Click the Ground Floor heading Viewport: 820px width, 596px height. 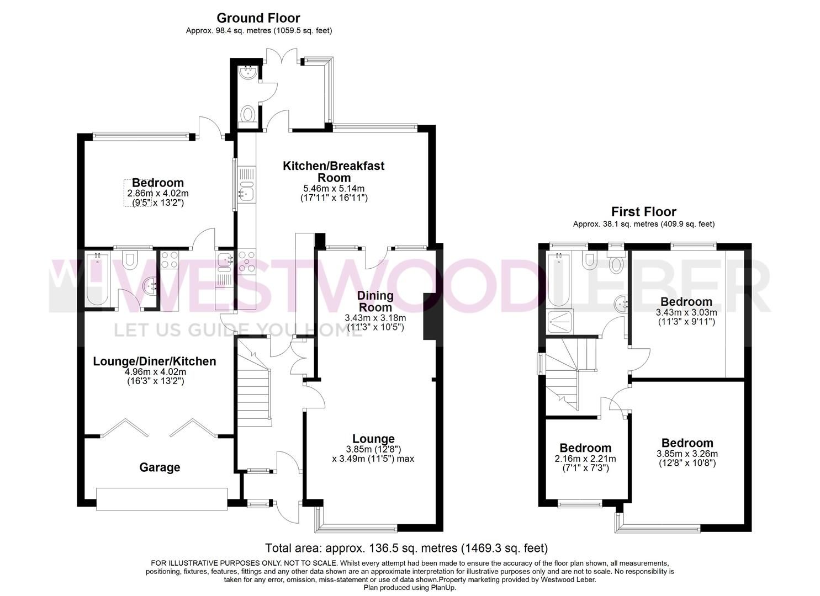pos(258,18)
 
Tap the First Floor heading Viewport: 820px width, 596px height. pos(643,211)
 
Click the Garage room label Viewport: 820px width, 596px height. pos(160,467)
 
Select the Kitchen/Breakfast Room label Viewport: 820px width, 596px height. pos(334,171)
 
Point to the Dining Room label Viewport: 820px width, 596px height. pos(375,301)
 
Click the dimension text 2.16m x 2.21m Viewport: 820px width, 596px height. pos(585,459)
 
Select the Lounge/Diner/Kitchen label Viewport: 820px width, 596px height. pos(155,361)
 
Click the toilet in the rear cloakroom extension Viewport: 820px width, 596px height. pos(248,116)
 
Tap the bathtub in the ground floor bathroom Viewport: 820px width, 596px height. pos(98,279)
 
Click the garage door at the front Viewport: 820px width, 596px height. pos(161,498)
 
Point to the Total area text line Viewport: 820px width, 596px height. pos(406,548)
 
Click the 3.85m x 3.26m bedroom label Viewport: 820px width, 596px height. pos(687,443)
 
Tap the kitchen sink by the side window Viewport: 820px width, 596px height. pos(245,193)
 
